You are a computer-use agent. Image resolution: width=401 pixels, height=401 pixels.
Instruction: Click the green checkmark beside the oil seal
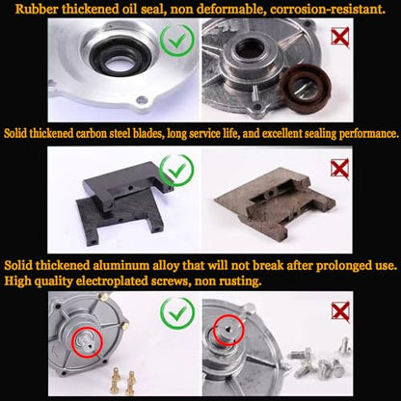click(x=177, y=40)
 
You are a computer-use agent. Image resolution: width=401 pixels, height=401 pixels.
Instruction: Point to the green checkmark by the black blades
click(x=176, y=170)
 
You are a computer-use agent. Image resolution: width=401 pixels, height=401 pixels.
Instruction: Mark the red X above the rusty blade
click(x=340, y=169)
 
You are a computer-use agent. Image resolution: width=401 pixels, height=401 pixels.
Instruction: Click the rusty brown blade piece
click(x=276, y=203)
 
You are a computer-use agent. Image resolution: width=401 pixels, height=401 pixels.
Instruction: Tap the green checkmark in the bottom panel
click(x=177, y=313)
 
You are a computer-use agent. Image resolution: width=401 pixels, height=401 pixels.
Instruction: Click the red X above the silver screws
click(x=340, y=311)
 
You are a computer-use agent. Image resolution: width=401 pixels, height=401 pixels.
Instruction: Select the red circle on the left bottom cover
click(x=87, y=342)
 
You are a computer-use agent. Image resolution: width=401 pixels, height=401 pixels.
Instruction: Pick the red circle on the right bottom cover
click(x=228, y=331)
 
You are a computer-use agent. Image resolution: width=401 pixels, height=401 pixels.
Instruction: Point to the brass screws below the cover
click(x=123, y=383)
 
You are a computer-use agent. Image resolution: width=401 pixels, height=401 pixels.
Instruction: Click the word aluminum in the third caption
click(x=121, y=266)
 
